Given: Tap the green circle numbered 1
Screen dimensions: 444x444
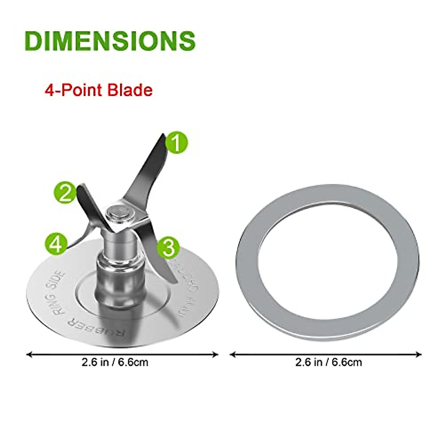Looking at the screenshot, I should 177,143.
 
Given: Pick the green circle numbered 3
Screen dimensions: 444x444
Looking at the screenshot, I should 168,248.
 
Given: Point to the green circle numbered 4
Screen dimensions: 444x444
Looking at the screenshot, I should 56,244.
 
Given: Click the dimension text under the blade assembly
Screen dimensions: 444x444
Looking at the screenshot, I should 115,362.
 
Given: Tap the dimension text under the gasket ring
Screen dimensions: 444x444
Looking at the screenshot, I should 328,362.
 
